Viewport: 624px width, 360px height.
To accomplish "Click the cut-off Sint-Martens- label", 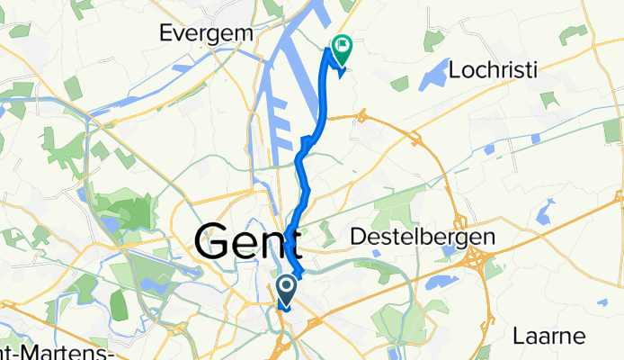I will coord(54,352).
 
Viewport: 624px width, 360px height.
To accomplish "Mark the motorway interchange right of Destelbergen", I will coord(474,261).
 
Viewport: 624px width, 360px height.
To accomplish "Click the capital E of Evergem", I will coord(165,31).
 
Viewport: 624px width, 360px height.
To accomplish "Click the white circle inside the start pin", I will coord(287,288).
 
